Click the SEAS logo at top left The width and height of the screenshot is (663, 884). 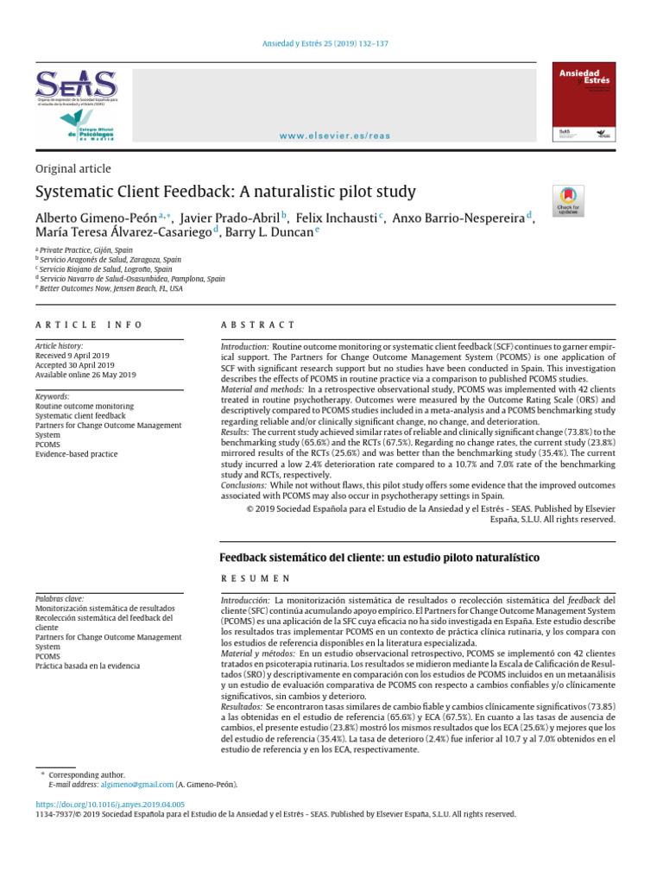coord(75,85)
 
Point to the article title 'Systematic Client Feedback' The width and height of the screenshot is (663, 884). coord(225,192)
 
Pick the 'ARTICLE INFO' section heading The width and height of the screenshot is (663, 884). coord(88,325)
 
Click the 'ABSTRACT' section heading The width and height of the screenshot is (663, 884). coord(258,325)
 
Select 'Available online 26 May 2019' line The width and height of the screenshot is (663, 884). coord(85,376)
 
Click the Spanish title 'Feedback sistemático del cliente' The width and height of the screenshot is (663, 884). coord(379,558)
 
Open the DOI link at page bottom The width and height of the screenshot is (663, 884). coord(109,804)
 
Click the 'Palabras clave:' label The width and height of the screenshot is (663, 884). coord(60,597)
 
